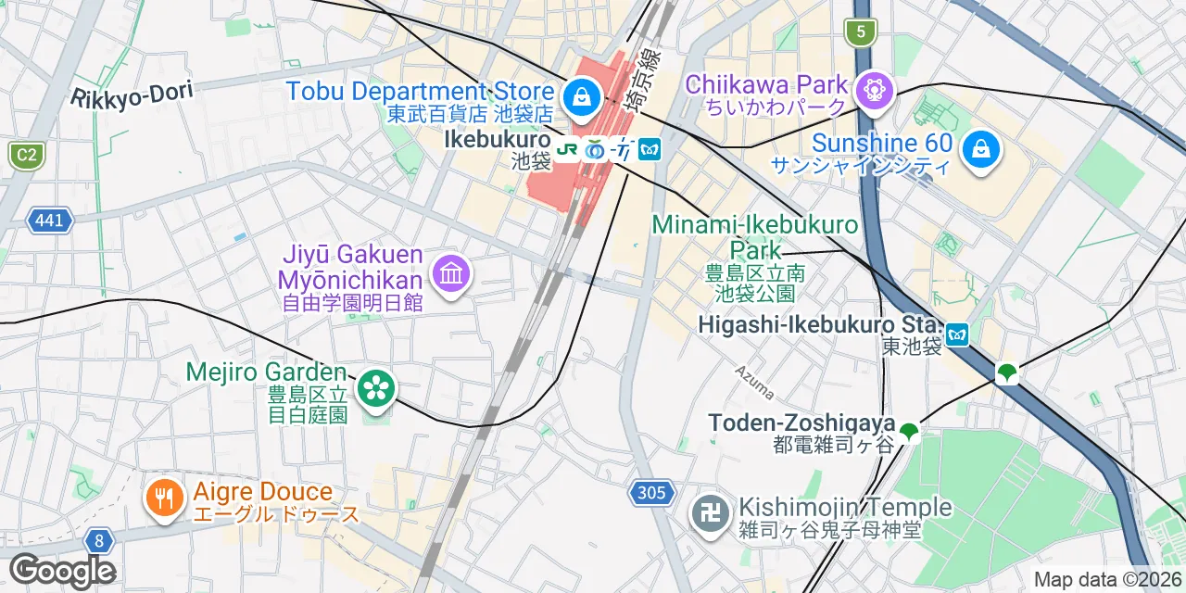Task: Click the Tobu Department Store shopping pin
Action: (x=582, y=95)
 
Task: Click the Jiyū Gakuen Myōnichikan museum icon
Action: (x=452, y=273)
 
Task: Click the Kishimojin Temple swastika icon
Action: (x=711, y=517)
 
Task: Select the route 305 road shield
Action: (x=651, y=493)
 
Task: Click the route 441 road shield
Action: (x=49, y=221)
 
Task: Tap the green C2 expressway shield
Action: (x=26, y=155)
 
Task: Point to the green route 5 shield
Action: (x=861, y=33)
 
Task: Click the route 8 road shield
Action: (x=98, y=540)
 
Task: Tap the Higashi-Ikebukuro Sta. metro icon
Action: (x=957, y=334)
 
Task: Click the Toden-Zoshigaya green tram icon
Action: (x=910, y=431)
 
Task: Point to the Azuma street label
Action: (x=754, y=381)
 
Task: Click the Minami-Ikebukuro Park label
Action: (x=755, y=237)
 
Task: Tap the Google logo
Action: (x=62, y=571)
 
